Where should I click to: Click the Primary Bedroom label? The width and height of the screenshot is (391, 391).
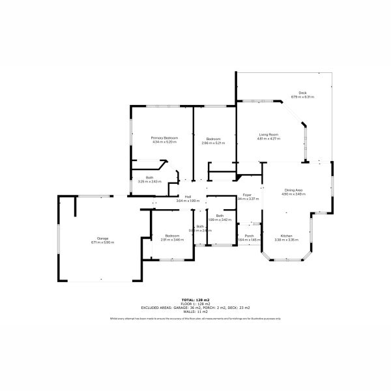(164, 138)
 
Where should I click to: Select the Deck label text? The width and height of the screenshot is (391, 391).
(302, 93)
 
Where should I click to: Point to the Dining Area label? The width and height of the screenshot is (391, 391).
(293, 190)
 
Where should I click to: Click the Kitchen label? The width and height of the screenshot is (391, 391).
(285, 235)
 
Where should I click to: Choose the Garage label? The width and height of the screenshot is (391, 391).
(103, 239)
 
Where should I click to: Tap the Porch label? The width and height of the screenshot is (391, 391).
(249, 235)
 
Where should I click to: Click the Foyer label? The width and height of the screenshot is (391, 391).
(248, 195)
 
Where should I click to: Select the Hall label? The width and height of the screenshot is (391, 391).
(188, 196)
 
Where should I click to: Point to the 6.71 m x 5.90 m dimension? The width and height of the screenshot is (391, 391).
(103, 242)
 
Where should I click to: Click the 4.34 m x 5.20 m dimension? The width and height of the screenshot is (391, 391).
(164, 142)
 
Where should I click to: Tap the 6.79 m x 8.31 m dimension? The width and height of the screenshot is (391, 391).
(302, 97)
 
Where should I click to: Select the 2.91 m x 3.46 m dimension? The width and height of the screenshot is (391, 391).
(172, 239)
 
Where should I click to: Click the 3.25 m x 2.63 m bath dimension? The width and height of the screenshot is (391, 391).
(149, 181)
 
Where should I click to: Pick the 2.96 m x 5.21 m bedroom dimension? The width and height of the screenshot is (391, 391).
(213, 142)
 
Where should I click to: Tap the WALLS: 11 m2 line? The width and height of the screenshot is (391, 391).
(195, 311)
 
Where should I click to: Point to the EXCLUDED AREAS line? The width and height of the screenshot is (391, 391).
(195, 308)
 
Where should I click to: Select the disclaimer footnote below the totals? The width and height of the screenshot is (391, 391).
(195, 319)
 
